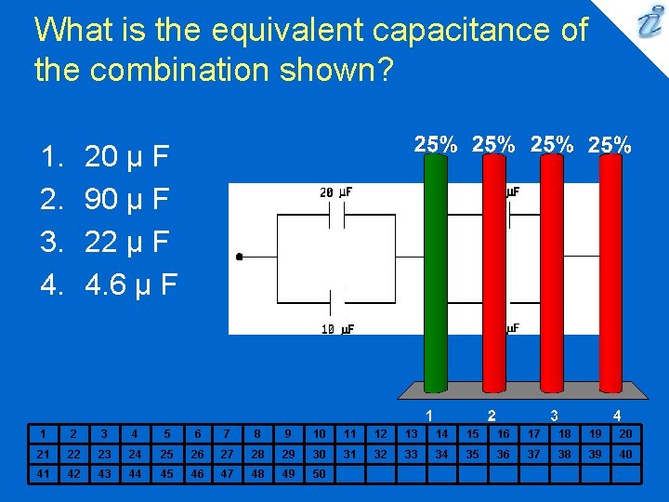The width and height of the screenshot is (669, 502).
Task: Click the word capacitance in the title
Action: (x=468, y=31)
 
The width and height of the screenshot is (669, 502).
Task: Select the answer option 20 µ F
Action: (x=126, y=157)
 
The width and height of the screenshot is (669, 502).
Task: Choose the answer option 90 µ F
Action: (x=126, y=200)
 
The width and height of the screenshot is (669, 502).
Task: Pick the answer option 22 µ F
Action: (x=126, y=242)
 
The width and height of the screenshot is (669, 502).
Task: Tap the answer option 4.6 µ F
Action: (x=131, y=284)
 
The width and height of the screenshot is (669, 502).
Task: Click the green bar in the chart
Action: (x=434, y=270)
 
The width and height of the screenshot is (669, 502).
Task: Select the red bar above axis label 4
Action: (x=610, y=270)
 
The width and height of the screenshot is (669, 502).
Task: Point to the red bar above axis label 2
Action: (x=492, y=270)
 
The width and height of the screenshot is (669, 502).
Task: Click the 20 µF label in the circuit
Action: (x=335, y=192)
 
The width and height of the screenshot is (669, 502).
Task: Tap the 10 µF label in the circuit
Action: (x=336, y=329)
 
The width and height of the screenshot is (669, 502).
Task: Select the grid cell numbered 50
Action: (x=318, y=473)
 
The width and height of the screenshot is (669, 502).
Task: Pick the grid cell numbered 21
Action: (x=41, y=454)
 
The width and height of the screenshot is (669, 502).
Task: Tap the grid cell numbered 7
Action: (x=226, y=433)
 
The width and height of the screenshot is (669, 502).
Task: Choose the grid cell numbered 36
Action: (x=503, y=454)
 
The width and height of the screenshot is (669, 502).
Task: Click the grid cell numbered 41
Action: (x=41, y=473)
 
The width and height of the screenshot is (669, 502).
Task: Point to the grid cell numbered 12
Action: (x=379, y=433)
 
